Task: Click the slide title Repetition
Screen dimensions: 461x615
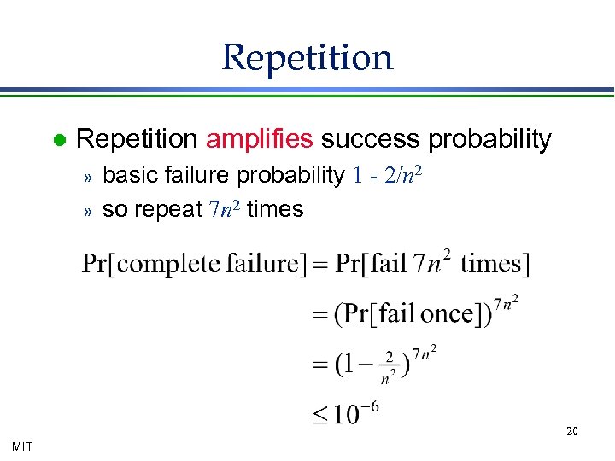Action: click(x=307, y=57)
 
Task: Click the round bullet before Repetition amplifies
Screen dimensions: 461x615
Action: click(x=57, y=139)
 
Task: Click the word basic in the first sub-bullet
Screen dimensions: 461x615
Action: click(x=128, y=176)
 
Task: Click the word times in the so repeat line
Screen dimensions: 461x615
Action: click(x=275, y=209)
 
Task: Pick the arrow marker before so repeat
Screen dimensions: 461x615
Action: click(x=86, y=210)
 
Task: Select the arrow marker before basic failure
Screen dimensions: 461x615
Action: click(x=86, y=177)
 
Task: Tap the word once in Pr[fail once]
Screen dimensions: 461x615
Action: click(x=446, y=313)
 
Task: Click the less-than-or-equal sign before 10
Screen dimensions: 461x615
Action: click(x=319, y=417)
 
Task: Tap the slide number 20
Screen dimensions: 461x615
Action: click(x=571, y=431)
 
